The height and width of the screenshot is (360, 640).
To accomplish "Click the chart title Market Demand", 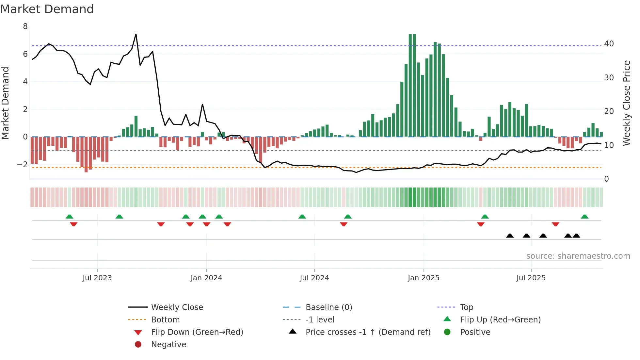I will pos(47,9).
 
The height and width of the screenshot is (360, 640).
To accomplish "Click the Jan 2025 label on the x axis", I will pos(424,278).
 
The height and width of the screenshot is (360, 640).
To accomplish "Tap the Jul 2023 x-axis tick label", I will pos(97,278).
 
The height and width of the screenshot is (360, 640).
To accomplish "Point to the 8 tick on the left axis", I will pos(25,26).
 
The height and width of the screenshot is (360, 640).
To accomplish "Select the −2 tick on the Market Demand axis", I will pos(22,164).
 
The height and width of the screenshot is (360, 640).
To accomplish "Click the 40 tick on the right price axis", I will pos(609,44).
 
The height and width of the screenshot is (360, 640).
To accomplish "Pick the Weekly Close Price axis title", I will pos(626,103).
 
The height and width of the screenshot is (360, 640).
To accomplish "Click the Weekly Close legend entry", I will pos(177,307).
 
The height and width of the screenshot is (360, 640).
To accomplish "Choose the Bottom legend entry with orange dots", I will pos(165,320).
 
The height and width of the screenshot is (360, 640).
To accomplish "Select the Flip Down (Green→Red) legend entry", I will pos(197,332).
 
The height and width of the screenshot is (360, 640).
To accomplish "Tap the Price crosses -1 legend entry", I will pos(368,332).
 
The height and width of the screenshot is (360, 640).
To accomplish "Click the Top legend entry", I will pos(466,307).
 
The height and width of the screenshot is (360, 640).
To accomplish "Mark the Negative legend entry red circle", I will pos(138,345).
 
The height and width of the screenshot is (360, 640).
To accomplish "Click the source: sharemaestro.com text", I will pos(578,256).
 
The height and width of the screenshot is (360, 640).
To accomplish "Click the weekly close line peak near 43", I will pos(136,34).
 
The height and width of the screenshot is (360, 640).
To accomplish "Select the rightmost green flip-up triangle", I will pos(584,217).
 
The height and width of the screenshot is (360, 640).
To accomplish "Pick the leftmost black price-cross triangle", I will pos(510,236).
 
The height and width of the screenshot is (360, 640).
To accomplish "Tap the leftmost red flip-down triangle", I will pos(73,224).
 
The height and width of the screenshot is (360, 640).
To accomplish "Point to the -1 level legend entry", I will pos(320,320).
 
